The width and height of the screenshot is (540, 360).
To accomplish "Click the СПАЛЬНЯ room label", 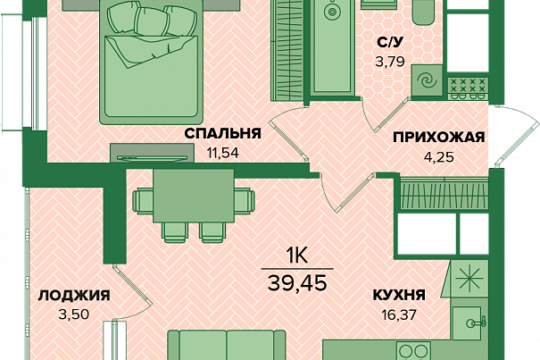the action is click(x=223, y=133).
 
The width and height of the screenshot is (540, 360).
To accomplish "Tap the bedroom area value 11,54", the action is click(x=223, y=153).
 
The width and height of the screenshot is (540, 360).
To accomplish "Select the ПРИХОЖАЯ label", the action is click(x=439, y=138).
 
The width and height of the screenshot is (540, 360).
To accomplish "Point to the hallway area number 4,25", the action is click(x=439, y=156).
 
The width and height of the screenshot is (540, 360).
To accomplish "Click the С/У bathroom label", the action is click(x=390, y=43).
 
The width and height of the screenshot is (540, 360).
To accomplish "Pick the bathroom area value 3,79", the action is click(x=390, y=62).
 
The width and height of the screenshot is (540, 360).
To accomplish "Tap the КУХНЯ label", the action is click(x=399, y=296).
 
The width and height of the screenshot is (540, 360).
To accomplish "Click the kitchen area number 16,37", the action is click(x=399, y=314).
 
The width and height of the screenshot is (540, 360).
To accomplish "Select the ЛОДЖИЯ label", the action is click(x=74, y=296).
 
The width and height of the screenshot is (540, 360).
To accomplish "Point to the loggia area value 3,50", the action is click(x=74, y=314).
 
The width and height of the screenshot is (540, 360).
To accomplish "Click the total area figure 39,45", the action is click(x=297, y=283).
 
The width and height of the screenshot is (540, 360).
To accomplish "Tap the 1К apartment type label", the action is click(x=296, y=257).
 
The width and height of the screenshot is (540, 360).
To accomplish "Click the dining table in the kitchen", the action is click(x=194, y=196).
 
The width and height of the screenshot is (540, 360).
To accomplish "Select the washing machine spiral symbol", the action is click(x=427, y=81).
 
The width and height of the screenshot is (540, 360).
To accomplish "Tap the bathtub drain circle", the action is click(x=332, y=12).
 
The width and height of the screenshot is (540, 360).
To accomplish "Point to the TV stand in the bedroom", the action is click(x=153, y=153).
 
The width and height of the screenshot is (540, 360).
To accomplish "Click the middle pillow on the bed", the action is click(x=152, y=21).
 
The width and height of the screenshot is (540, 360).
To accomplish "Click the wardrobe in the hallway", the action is click(x=444, y=194).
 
